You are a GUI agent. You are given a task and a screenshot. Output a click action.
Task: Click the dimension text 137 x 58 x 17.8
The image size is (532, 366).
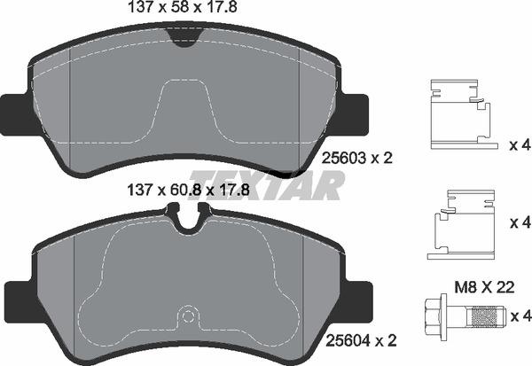[x=182, y=7]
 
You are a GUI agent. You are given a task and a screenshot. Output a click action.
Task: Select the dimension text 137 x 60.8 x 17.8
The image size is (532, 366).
[x=188, y=191]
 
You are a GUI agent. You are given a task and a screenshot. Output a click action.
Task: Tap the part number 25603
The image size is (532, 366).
[x=344, y=158]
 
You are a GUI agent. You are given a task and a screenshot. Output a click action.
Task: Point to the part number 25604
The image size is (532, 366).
[x=348, y=340]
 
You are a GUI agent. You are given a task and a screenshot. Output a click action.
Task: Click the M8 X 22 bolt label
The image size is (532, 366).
[x=484, y=288]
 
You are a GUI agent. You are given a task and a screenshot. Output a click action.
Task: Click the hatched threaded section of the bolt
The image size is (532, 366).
[x=482, y=316]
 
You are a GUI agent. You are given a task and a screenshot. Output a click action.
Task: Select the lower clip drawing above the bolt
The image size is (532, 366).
[x=460, y=224]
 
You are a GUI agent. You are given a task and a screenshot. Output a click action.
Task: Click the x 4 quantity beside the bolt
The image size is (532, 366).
[x=520, y=316]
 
